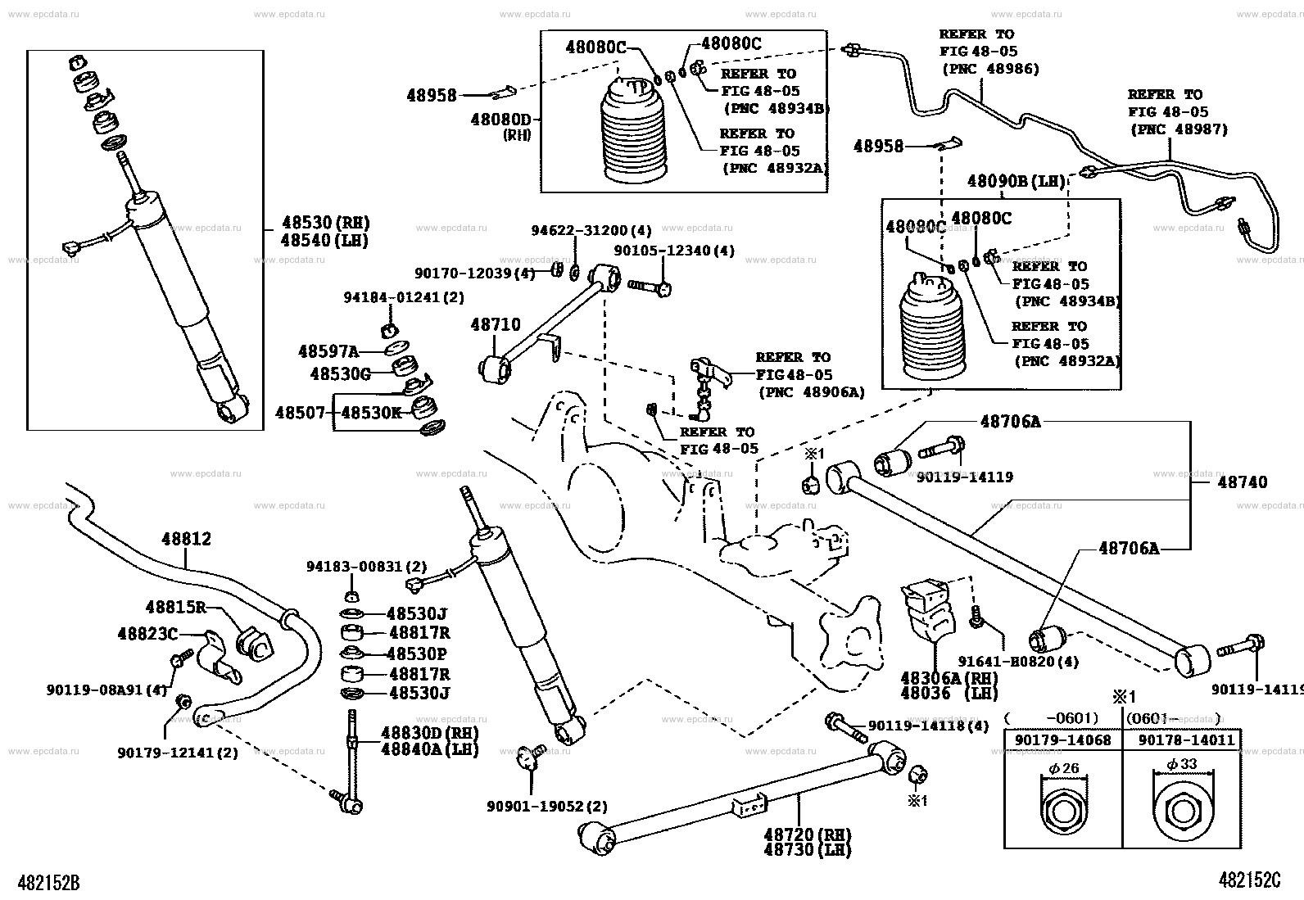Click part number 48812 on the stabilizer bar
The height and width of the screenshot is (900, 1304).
[x=186, y=539]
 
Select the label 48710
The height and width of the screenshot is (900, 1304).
[x=496, y=325]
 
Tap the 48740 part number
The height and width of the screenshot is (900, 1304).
[x=1242, y=482]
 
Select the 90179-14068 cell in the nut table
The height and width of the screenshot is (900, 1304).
[x=1062, y=740]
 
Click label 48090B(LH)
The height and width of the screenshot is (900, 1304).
[x=1016, y=181]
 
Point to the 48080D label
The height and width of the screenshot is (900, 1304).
[x=500, y=120]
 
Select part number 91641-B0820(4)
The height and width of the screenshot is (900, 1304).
[x=1019, y=662]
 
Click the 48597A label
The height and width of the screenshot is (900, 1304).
[x=328, y=351]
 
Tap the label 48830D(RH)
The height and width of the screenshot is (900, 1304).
[x=430, y=733]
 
